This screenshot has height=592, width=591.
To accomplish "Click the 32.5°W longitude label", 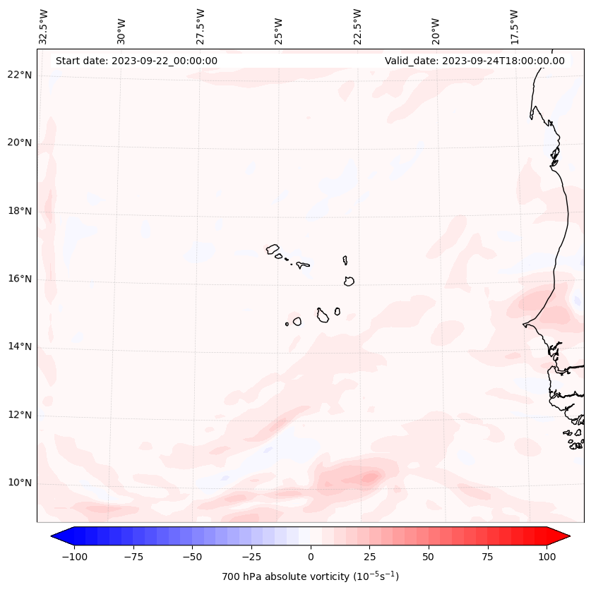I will (x=44, y=26).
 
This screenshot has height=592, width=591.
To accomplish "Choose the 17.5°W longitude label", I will (x=514, y=26).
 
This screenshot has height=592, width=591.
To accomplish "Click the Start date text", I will (x=136, y=61).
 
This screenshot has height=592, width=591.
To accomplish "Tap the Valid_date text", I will (x=474, y=61).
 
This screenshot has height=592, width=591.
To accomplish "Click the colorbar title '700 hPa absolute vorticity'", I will (x=310, y=576).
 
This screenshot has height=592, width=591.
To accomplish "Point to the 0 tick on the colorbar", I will (x=310, y=557).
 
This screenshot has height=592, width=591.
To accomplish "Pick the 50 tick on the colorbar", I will (x=428, y=557).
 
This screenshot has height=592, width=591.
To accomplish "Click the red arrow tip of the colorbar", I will (x=566, y=536).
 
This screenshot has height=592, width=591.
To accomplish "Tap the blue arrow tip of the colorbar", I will (x=55, y=536).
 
